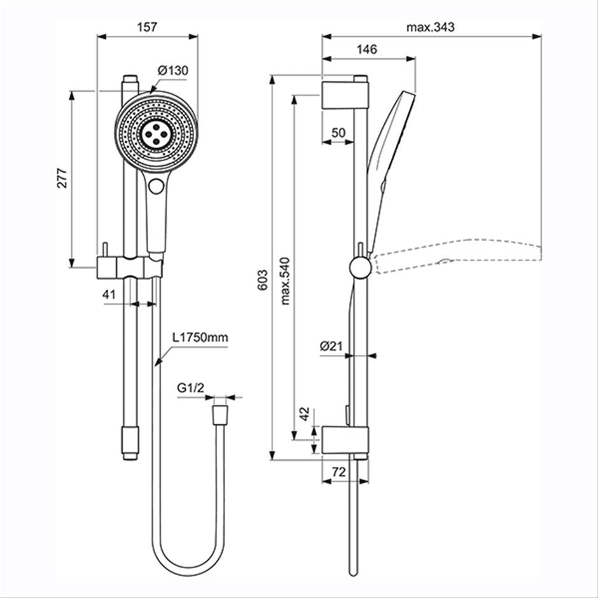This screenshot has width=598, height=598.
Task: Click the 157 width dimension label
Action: click(x=147, y=27)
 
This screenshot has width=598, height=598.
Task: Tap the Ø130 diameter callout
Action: click(x=173, y=71)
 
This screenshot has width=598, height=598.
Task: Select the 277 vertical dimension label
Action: click(x=62, y=177)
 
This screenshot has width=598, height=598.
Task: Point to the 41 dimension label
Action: click(x=109, y=295)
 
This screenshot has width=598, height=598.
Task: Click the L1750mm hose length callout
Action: click(x=200, y=338)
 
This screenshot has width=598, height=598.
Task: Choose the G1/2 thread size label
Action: click(x=191, y=388)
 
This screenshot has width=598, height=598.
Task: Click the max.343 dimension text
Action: click(x=430, y=27)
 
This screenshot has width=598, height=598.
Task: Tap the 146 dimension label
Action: click(x=366, y=49)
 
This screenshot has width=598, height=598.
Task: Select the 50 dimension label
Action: click(x=338, y=133)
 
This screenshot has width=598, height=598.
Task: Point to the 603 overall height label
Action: click(x=262, y=281)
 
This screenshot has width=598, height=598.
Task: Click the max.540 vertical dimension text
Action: click(x=285, y=281)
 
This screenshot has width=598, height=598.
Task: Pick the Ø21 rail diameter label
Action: click(x=331, y=346)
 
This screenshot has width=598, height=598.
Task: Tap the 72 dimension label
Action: click(x=338, y=472)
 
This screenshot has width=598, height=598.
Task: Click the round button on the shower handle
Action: click(x=156, y=186)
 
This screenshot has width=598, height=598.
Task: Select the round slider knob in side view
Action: click(x=359, y=267)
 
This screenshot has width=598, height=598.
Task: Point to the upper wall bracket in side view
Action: click(x=345, y=95)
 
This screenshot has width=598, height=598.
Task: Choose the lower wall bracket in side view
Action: click(x=345, y=440)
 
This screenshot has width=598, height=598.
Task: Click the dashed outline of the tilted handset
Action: click(x=457, y=254)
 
